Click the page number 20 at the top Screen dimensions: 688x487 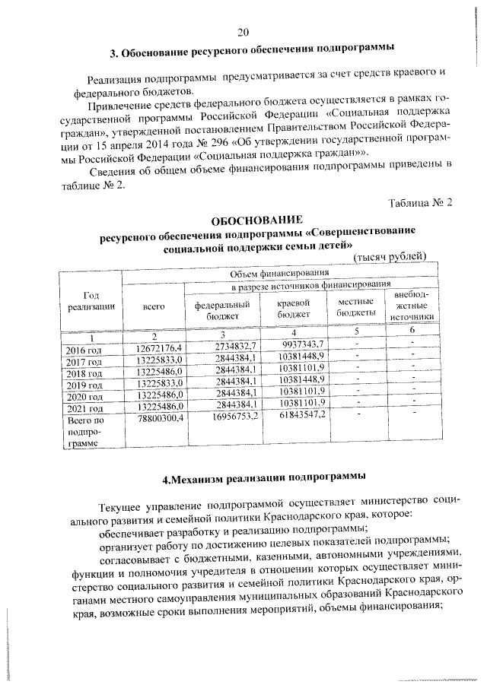(243, 32)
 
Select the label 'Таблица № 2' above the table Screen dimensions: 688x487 (420, 202)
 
